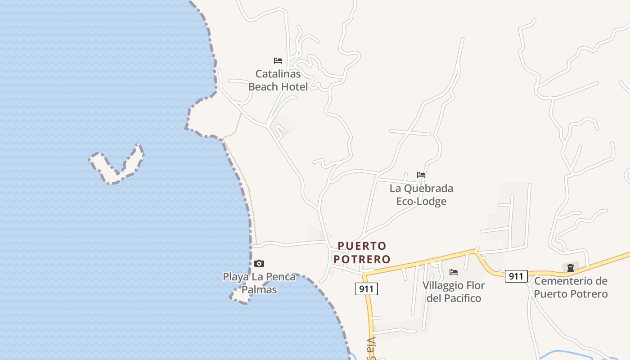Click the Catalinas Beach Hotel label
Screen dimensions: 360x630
click(x=278, y=80)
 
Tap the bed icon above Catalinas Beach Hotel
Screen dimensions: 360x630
click(x=278, y=60)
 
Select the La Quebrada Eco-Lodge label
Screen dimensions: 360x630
click(x=421, y=194)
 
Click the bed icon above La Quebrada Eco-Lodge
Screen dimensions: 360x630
click(x=421, y=175)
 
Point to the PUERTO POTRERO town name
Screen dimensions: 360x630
click(x=362, y=252)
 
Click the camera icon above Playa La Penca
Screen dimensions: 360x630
click(x=259, y=263)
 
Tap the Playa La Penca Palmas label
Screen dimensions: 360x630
click(x=259, y=283)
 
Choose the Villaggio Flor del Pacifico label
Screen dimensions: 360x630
click(x=454, y=292)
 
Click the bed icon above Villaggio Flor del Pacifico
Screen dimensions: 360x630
click(x=454, y=272)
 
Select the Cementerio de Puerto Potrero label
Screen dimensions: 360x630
click(x=571, y=288)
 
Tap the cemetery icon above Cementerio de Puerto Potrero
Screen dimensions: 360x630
click(x=571, y=268)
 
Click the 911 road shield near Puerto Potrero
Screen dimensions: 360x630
click(x=366, y=289)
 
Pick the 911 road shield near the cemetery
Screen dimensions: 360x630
click(x=516, y=276)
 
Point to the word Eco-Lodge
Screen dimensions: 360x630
click(x=421, y=201)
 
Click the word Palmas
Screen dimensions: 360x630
click(x=259, y=289)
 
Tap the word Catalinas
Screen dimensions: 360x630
click(x=278, y=73)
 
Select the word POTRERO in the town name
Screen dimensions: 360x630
click(x=362, y=259)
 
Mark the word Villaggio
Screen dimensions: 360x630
click(x=441, y=285)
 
